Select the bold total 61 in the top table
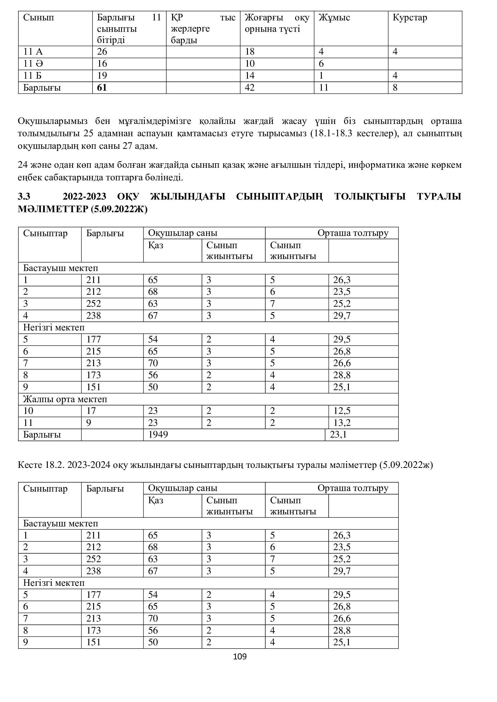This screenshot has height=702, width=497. [102, 88]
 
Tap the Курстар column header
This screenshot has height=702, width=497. [410, 18]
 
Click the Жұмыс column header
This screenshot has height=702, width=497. [334, 18]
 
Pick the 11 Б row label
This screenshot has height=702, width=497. [32, 76]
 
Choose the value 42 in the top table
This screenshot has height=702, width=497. [250, 88]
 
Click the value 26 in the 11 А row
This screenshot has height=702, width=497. [102, 52]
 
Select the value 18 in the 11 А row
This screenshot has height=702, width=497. [250, 52]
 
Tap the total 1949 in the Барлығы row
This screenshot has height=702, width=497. [158, 435]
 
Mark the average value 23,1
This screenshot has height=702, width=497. [338, 435]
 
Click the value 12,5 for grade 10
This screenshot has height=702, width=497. [342, 411]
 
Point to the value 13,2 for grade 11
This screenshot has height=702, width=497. [342, 423]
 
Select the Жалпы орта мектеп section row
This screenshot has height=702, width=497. [65, 399]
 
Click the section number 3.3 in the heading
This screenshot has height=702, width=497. [24, 196]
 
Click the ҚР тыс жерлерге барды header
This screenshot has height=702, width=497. [203, 29]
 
